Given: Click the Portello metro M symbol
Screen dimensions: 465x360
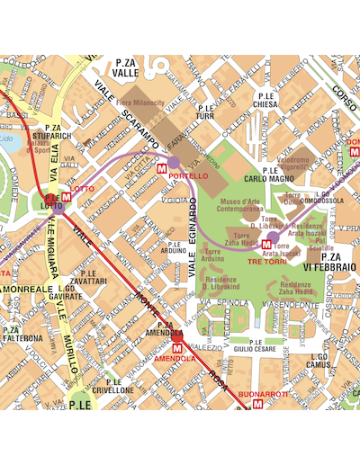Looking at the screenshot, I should pyautogui.click(x=162, y=167).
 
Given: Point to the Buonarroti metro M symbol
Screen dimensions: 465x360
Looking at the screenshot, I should pyautogui.click(x=258, y=405).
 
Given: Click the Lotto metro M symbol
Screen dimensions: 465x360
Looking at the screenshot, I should pyautogui.click(x=66, y=198).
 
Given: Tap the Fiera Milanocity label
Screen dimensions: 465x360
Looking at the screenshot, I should pyautogui.click(x=140, y=104).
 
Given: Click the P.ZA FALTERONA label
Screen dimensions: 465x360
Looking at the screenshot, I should pyautogui.click(x=22, y=334).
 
